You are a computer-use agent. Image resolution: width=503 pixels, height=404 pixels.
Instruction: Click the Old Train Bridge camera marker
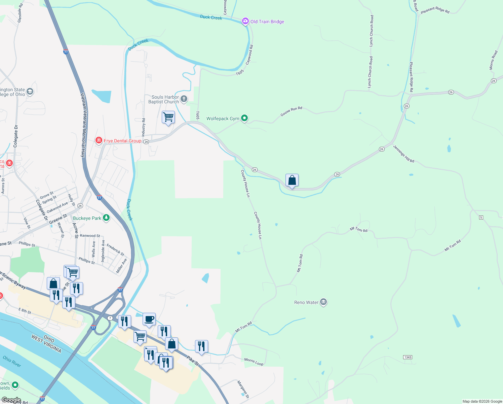(x=245, y=22)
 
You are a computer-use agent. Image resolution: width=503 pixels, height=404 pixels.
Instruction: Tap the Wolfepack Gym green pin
(x=244, y=118)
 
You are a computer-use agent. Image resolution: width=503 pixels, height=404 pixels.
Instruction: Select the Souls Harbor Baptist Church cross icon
(x=184, y=99)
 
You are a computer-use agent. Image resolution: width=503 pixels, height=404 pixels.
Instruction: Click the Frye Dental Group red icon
(x=99, y=140)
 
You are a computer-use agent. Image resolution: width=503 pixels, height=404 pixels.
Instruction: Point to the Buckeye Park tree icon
(x=106, y=218)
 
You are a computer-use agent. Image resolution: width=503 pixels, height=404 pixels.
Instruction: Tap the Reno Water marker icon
(x=323, y=302)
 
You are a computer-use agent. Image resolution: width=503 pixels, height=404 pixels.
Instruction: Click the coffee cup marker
(x=149, y=319)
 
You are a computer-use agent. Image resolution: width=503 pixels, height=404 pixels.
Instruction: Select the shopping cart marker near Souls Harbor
(x=168, y=117)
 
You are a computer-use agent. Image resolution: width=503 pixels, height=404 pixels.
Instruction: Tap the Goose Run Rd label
(x=291, y=111)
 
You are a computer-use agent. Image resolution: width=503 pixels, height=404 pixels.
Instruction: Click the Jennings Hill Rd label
(x=403, y=154)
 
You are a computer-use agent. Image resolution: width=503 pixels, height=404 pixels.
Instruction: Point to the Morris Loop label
(x=254, y=362)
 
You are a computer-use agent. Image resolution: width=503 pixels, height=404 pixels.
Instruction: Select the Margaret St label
(x=243, y=389)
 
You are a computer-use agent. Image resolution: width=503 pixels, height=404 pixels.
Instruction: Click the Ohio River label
(x=12, y=361)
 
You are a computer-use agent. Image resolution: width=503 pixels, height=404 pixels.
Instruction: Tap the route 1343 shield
(x=408, y=357)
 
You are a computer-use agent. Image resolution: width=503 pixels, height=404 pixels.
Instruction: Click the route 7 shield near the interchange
(x=110, y=318)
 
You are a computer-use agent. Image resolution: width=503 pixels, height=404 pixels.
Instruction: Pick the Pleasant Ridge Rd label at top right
(x=435, y=10)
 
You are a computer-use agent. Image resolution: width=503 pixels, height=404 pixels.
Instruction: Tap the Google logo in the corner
(x=11, y=400)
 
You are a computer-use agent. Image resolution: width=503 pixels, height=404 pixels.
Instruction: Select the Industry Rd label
(x=144, y=127)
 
